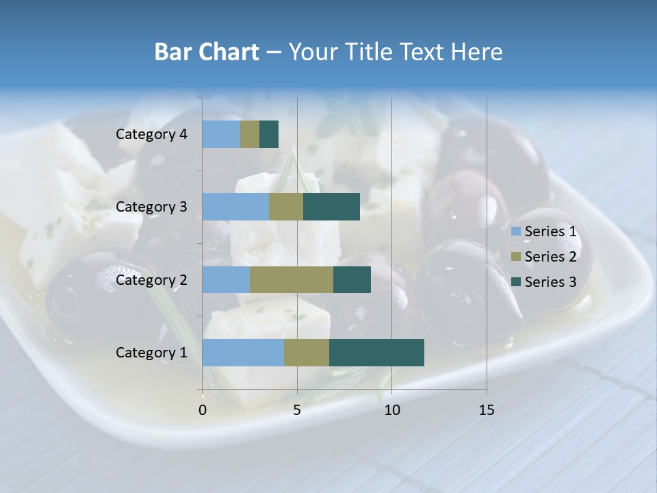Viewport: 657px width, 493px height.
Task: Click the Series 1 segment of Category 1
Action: point(243,353)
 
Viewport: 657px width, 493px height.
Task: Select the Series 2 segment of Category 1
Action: point(307,353)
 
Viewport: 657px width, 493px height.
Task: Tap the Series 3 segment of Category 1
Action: point(376,353)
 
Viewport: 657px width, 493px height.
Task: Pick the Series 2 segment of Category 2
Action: point(292,279)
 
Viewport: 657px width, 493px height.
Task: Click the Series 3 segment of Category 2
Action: point(352,279)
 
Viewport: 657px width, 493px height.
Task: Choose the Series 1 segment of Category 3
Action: point(235,207)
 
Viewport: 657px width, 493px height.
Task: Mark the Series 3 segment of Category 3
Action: point(331,207)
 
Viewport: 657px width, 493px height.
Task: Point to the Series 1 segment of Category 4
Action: point(221,134)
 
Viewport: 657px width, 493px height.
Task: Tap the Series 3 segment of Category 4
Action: point(269,134)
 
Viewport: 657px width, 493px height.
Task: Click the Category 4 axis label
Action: point(151,134)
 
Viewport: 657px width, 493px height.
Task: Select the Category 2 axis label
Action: point(151,279)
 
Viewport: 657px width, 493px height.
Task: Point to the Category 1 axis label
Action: point(151,353)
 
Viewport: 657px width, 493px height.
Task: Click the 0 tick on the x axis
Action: point(203,410)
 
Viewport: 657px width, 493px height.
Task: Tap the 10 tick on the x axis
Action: point(391,410)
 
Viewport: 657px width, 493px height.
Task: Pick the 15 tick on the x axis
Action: point(486,410)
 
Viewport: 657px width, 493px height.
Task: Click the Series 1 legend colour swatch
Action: point(516,231)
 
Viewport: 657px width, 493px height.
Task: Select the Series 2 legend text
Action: point(550,257)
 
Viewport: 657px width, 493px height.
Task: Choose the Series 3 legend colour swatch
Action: point(516,282)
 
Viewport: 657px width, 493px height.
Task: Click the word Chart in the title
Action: point(233,52)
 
